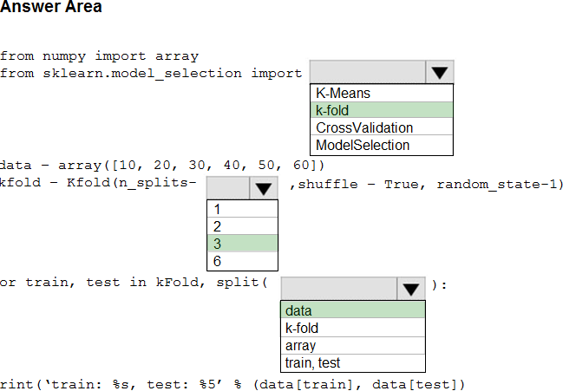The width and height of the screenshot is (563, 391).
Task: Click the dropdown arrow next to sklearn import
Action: click(440, 73)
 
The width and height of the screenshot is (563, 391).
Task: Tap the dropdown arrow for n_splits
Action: click(263, 188)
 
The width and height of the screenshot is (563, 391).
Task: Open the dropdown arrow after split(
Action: click(411, 289)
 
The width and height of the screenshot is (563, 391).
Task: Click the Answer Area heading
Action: click(51, 6)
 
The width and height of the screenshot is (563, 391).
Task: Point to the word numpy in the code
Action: click(64, 56)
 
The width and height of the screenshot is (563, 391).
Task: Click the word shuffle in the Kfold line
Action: click(328, 185)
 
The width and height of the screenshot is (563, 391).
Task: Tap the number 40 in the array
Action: click(232, 165)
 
